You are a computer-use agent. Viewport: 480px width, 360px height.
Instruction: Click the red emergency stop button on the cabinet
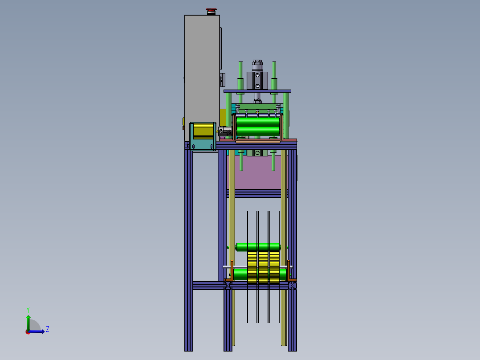211,10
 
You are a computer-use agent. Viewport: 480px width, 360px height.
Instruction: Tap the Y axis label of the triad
28,309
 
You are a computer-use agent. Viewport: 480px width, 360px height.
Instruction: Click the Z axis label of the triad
47,329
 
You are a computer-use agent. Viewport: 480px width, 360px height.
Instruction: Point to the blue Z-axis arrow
39,331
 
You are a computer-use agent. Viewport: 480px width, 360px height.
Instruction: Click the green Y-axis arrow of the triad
28,321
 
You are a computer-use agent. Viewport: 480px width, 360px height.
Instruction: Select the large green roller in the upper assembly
258,126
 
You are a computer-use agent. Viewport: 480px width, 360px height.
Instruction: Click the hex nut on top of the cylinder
256,63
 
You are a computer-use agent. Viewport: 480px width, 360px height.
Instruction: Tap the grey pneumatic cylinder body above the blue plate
256,80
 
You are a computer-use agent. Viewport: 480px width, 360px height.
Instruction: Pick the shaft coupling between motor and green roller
225,131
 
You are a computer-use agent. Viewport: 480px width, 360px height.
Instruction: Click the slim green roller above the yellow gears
258,247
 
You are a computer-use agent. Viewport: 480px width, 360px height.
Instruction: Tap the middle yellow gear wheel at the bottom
263,267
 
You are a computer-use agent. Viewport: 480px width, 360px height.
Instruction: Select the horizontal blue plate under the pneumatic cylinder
257,91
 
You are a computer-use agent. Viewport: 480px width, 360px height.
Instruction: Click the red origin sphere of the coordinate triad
28,331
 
